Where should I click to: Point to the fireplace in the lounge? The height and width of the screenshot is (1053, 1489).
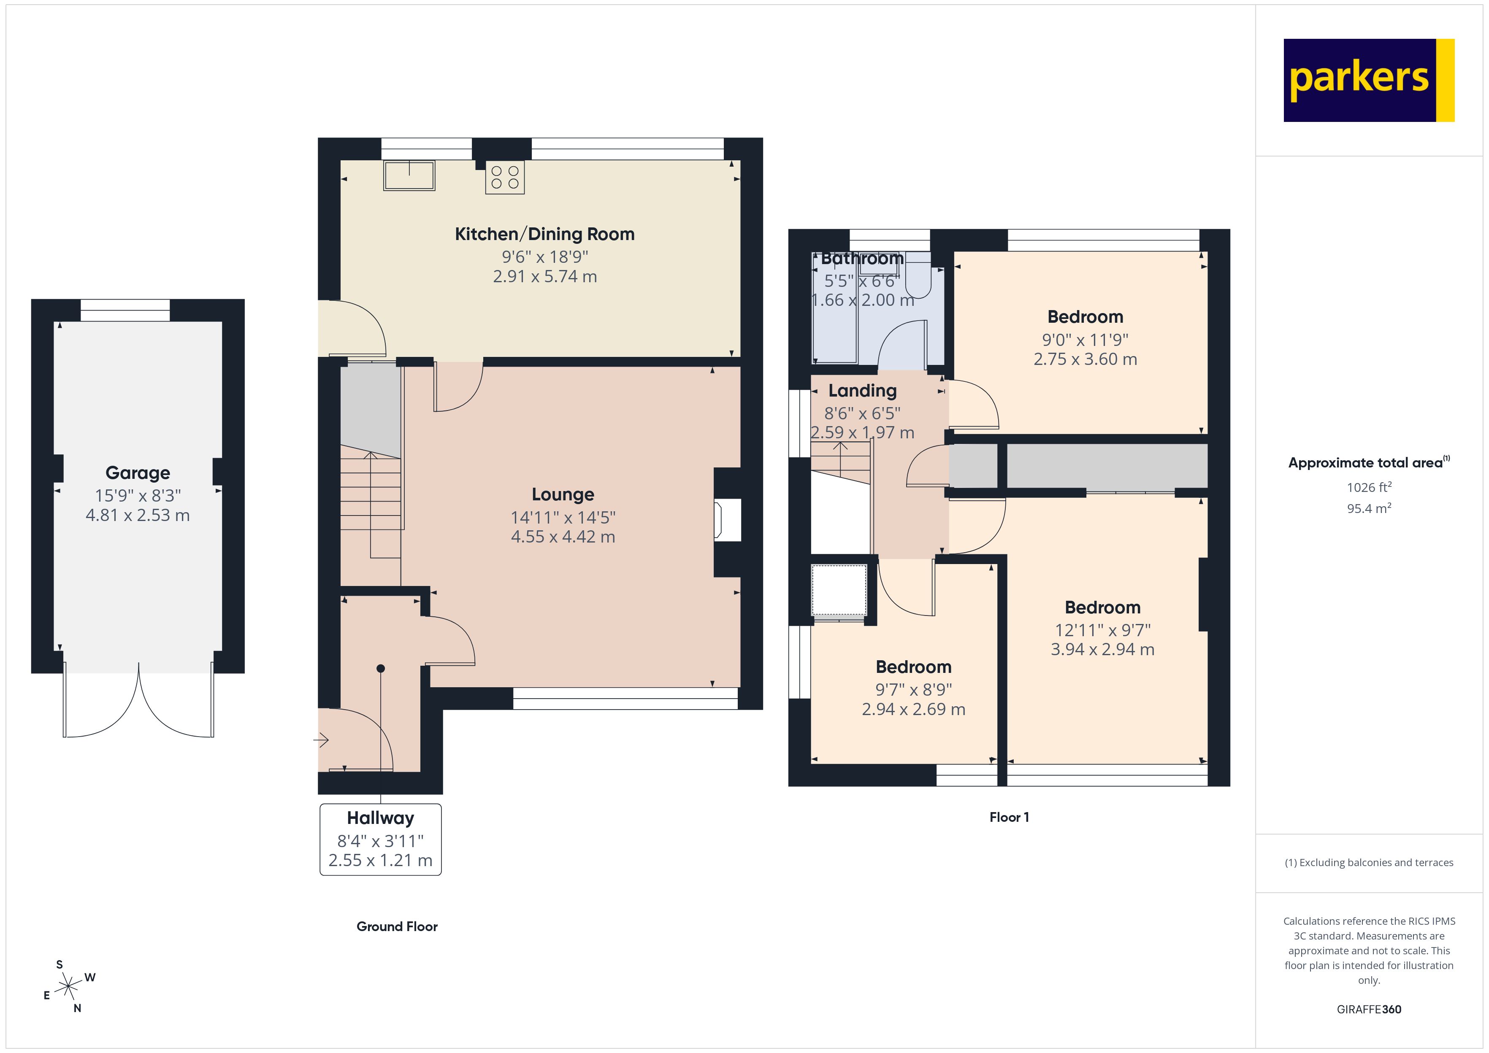coord(726,519)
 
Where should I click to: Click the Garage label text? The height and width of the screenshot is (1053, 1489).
coord(138,472)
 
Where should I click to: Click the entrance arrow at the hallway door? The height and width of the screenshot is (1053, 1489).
coord(322,740)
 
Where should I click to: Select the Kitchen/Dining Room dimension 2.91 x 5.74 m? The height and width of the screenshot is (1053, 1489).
coord(545,277)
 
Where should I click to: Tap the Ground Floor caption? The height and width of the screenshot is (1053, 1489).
coord(397,926)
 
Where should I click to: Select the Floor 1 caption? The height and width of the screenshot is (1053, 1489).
coord(1008,818)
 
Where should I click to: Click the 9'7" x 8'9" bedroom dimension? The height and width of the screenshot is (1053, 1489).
coord(913,690)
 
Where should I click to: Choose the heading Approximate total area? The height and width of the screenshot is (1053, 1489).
coord(1365,463)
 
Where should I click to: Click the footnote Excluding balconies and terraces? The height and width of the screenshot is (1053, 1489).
coord(1368,862)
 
